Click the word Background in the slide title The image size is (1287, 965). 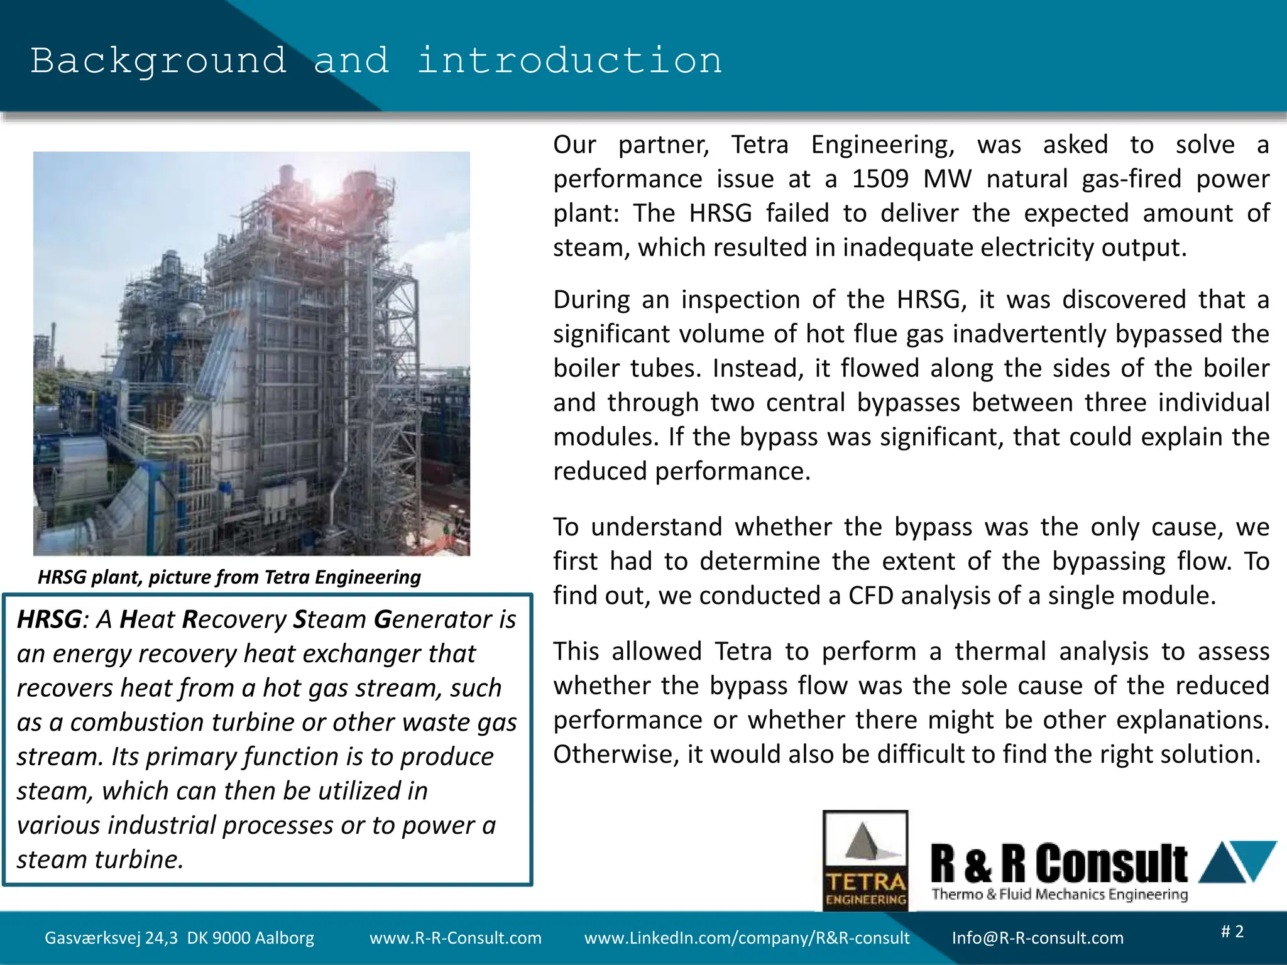(x=158, y=61)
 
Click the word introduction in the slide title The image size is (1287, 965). (x=569, y=61)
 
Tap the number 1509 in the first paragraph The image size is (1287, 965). (x=880, y=179)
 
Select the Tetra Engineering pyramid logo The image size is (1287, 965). (x=865, y=860)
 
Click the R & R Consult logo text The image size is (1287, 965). (x=1059, y=864)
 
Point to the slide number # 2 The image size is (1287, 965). (x=1232, y=931)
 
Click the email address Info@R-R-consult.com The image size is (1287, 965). (x=1038, y=938)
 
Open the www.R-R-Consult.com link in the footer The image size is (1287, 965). (x=455, y=938)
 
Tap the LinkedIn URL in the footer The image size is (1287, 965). (x=747, y=938)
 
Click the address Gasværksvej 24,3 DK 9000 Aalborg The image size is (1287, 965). (x=179, y=938)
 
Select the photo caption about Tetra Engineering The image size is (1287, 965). (x=229, y=577)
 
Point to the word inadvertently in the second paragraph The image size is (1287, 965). (x=1029, y=334)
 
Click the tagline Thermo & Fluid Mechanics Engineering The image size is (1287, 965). (x=1060, y=894)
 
